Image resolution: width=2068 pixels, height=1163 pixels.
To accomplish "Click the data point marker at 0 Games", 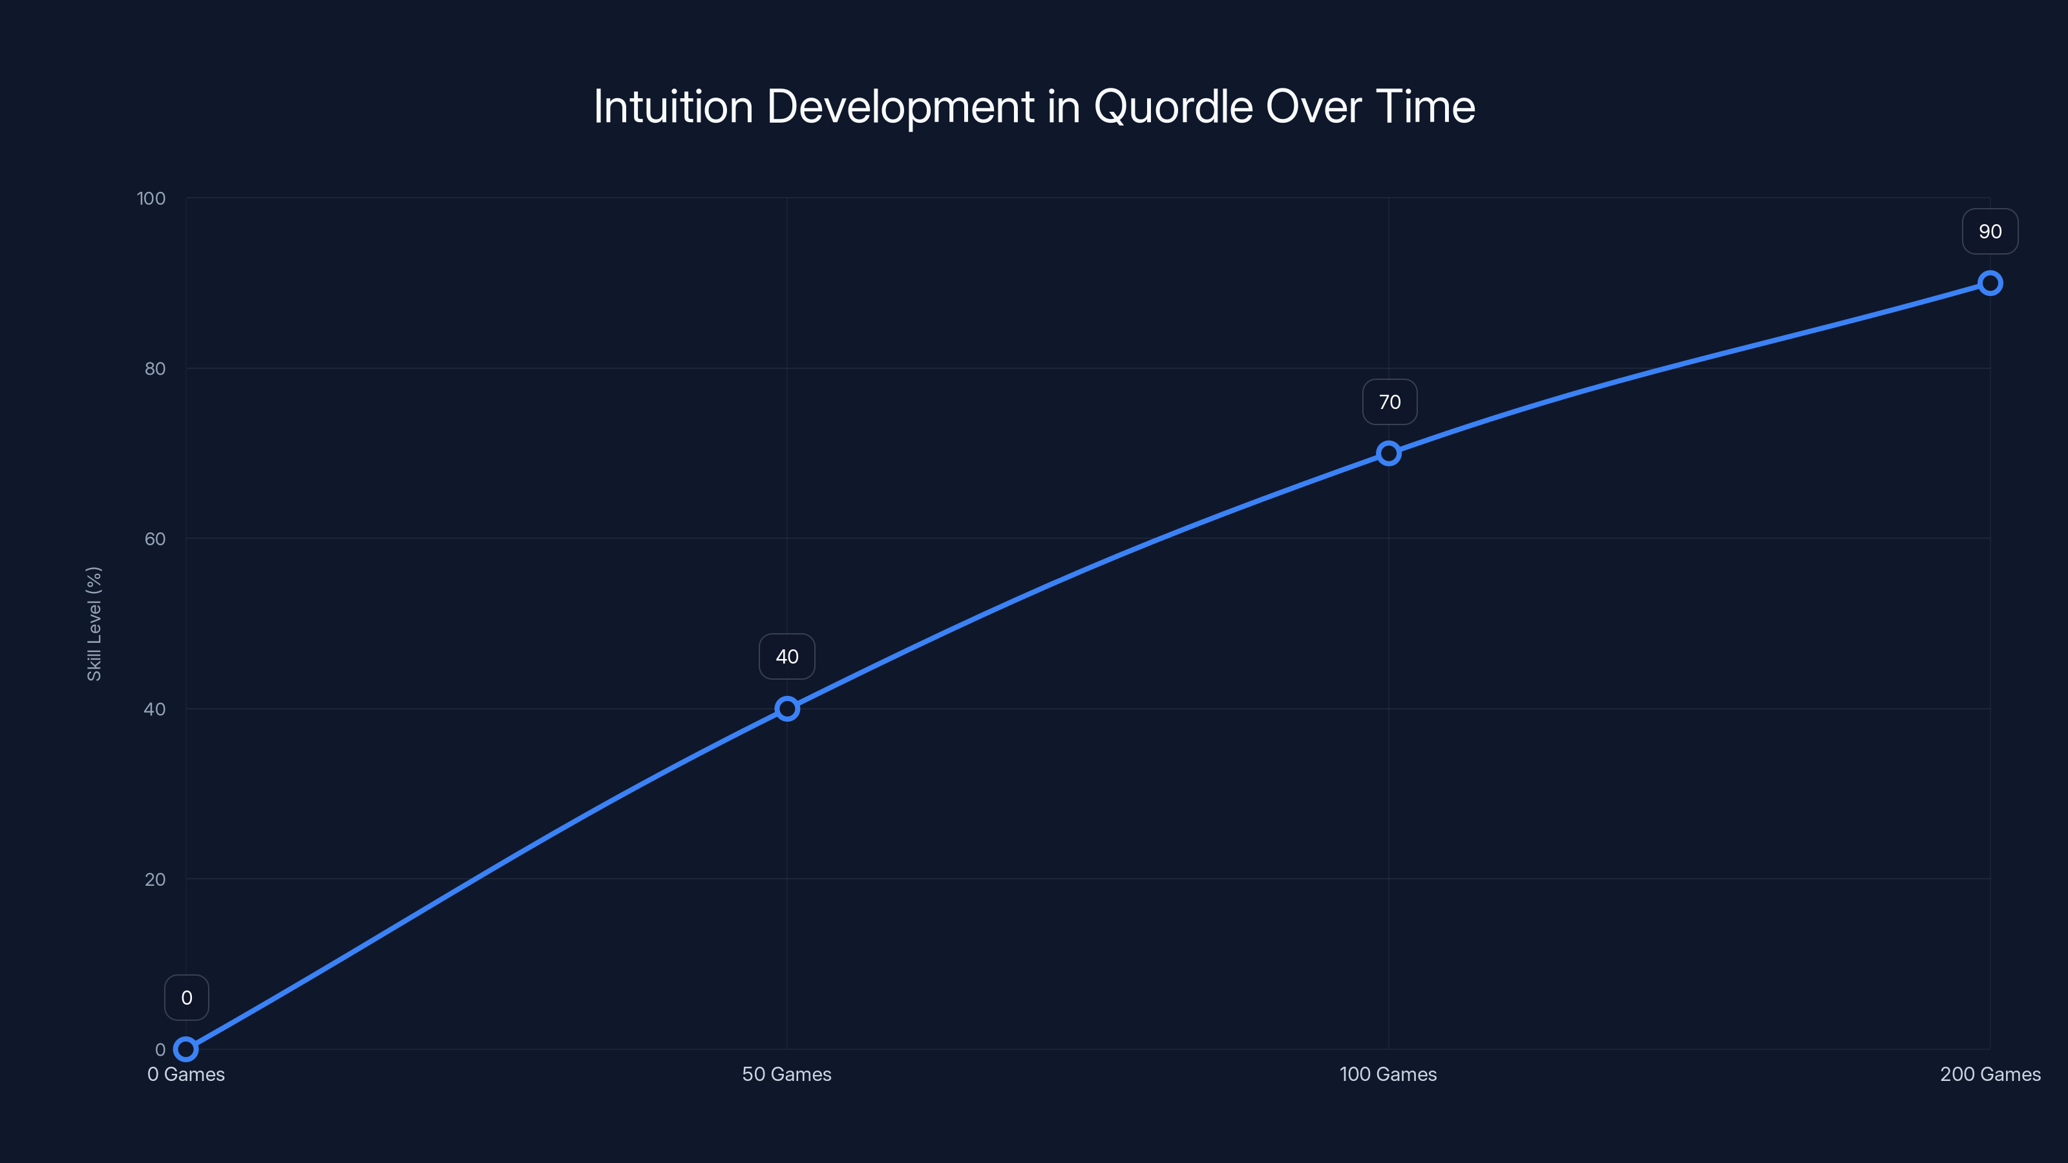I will coord(185,1049).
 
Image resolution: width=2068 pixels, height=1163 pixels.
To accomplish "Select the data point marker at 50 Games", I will coord(786,709).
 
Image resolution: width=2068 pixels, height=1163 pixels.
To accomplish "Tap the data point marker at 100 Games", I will coord(1388,454).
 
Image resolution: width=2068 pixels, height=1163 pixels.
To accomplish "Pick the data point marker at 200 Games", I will coord(1989,284).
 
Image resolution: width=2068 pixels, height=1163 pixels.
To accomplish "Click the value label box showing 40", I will coord(786,656).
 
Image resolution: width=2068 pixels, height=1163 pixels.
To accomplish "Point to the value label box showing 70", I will coord(1389,402).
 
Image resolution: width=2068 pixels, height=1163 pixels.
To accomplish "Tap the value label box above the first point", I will coord(186,998).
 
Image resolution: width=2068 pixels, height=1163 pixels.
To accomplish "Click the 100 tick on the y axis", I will coord(151,198).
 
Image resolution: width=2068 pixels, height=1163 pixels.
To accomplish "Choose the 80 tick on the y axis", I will coord(155,368).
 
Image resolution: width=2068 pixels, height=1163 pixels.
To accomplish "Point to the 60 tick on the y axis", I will coord(155,539).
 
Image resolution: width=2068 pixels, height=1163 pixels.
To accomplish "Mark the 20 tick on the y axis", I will coord(155,879).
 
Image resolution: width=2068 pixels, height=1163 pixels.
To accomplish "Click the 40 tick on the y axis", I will coord(155,709).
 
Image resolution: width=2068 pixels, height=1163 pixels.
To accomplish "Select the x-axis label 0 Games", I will coord(185,1074).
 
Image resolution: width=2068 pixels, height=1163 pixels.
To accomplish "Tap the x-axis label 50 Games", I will coord(786,1074).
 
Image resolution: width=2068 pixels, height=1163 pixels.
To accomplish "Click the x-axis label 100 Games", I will coord(1388,1074).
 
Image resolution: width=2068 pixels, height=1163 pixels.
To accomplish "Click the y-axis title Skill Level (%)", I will coord(94,623).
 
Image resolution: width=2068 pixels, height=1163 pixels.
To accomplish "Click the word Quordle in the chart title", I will coord(1173,107).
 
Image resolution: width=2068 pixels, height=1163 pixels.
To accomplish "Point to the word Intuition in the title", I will coord(673,107).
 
